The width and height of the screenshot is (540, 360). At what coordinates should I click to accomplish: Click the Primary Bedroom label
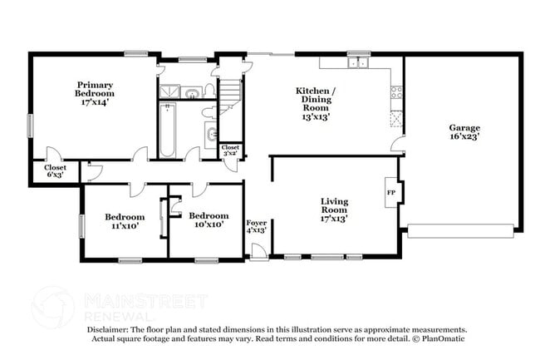(95, 89)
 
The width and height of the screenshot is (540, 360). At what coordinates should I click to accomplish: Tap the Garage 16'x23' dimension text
(464, 136)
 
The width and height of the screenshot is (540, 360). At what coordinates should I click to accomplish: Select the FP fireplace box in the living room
(391, 193)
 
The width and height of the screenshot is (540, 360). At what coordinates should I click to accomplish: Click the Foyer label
(256, 223)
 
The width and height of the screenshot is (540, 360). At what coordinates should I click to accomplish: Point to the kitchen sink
(359, 62)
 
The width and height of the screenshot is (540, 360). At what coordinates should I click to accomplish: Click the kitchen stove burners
(396, 92)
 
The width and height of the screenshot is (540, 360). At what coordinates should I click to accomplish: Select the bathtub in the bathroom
(167, 130)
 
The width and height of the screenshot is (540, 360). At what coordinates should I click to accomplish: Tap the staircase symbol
(230, 96)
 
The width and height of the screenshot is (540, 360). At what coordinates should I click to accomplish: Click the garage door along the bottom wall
(461, 231)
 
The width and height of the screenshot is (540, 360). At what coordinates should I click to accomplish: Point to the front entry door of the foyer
(259, 251)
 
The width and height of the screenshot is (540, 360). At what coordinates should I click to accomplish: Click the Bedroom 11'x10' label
(125, 221)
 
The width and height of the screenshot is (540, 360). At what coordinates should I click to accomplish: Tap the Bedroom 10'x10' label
(209, 220)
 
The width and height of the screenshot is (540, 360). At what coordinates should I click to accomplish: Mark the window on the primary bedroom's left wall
(30, 126)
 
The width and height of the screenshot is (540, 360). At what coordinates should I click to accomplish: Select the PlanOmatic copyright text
(439, 338)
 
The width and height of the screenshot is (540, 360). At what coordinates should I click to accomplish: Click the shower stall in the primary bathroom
(169, 91)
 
